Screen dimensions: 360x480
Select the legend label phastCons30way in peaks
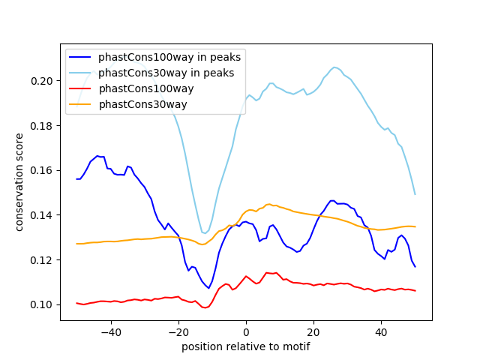166,73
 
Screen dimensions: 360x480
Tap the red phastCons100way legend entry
145,88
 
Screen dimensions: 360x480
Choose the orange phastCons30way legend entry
142,104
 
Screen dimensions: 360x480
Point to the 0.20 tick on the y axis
44,81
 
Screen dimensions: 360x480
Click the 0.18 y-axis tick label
44,126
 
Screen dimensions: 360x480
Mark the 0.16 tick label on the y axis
44,170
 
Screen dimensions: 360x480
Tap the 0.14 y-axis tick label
44,215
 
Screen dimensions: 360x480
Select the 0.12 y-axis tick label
44,260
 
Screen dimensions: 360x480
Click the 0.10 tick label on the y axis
44,304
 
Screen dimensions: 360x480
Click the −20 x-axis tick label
178,331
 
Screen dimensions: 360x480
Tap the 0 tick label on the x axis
246,331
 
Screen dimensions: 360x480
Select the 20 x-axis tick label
313,331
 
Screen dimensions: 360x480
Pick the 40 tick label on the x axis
381,331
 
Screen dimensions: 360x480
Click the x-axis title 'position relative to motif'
245,346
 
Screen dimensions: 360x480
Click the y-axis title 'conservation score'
20,181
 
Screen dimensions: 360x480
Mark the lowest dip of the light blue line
205,233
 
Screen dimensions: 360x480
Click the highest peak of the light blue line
334,67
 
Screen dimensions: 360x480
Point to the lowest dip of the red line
205,307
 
